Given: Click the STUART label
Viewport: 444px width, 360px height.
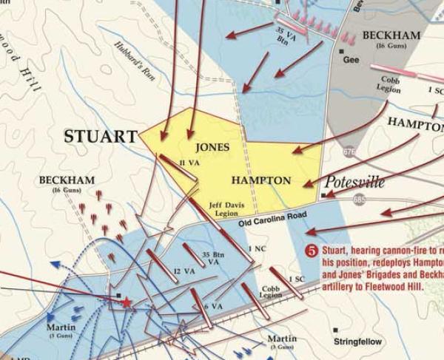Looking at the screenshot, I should pyautogui.click(x=101, y=137).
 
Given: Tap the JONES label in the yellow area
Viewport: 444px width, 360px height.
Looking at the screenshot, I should pyautogui.click(x=212, y=147).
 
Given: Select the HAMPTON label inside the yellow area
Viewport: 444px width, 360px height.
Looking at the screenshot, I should pyautogui.click(x=260, y=180).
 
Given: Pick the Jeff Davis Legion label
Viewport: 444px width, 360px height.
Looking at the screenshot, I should pyautogui.click(x=224, y=209).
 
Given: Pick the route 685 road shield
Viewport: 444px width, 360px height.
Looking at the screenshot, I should pyautogui.click(x=359, y=200).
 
